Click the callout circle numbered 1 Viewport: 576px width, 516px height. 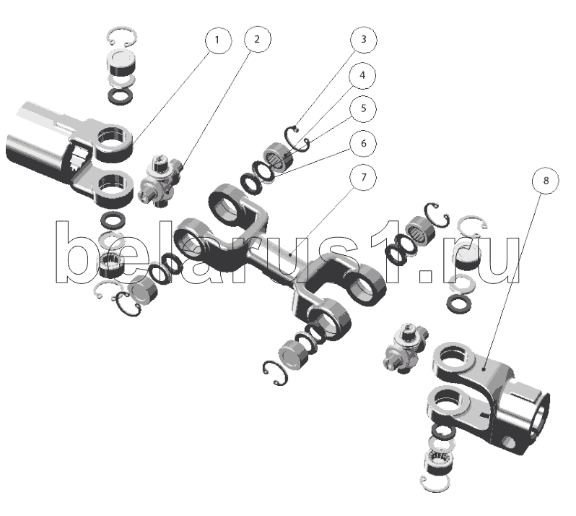pyautogui.click(x=218, y=40)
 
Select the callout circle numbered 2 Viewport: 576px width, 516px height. pyautogui.click(x=258, y=39)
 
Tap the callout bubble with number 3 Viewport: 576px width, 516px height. pyautogui.click(x=364, y=39)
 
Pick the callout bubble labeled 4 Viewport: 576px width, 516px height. pyautogui.click(x=362, y=75)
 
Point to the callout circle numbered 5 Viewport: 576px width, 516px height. pyautogui.click(x=363, y=108)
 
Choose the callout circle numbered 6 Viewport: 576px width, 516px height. pyautogui.click(x=363, y=143)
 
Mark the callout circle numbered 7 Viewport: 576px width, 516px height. pyautogui.click(x=363, y=177)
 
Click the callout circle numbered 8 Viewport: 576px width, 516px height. pyautogui.click(x=546, y=181)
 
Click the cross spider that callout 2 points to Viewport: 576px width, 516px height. pyautogui.click(x=160, y=180)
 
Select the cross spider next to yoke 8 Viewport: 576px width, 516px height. pyautogui.click(x=406, y=348)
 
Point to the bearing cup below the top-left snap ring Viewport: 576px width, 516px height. pyautogui.click(x=121, y=64)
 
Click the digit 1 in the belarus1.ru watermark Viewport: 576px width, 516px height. pyautogui.click(x=386, y=252)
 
